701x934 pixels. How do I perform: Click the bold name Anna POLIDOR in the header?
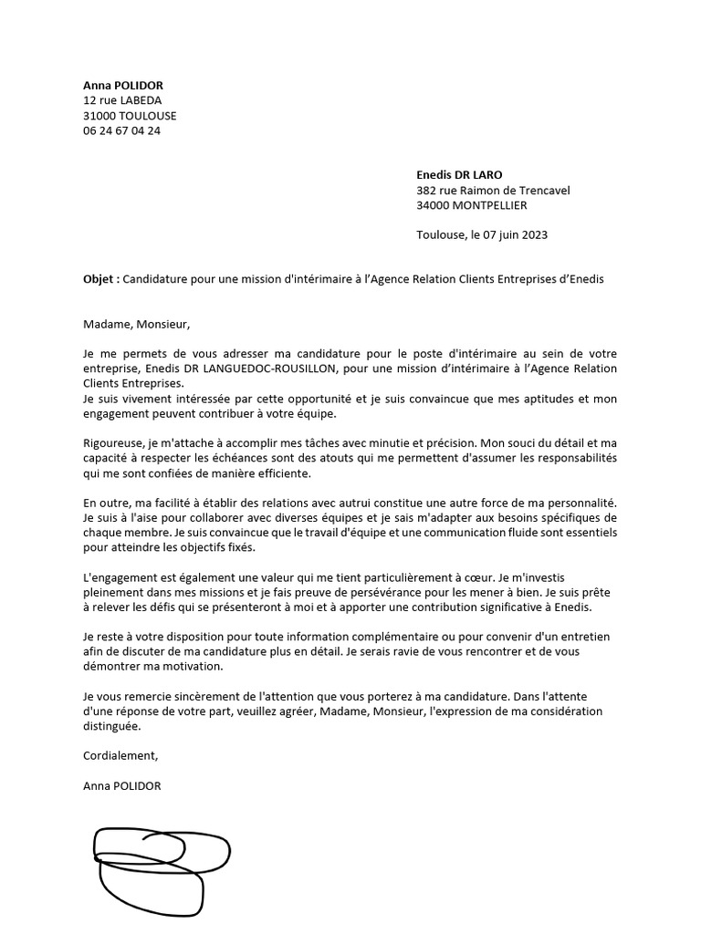tap(123, 86)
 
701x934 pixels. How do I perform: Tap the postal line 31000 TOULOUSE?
tap(130, 116)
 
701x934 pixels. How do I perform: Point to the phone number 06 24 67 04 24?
tap(121, 130)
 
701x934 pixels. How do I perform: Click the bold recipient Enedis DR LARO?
tap(459, 175)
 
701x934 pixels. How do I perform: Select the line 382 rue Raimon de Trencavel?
tap(493, 191)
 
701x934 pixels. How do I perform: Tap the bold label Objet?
tap(100, 279)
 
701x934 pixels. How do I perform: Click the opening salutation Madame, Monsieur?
tap(136, 323)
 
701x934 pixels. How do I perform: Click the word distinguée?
tap(112, 726)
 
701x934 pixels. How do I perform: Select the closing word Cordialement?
tap(120, 755)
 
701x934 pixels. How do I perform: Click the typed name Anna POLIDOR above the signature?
tap(121, 785)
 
